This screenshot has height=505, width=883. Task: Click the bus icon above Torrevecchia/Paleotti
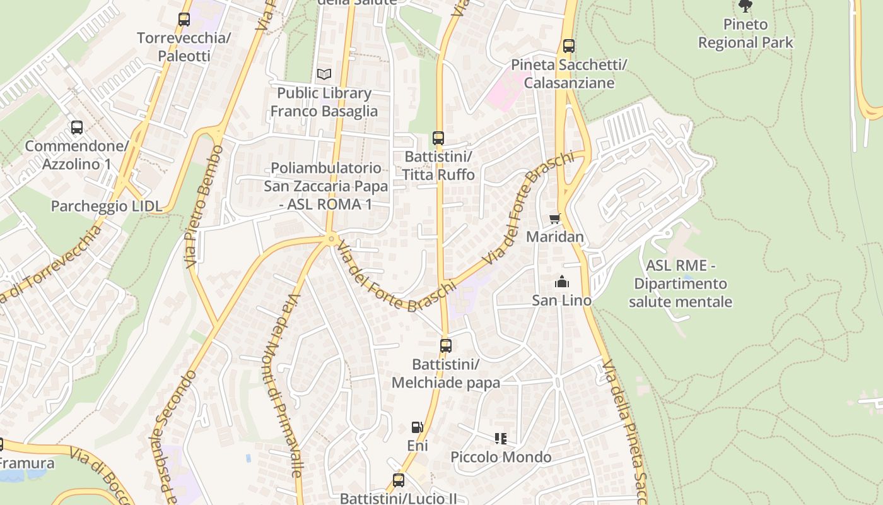coord(184,20)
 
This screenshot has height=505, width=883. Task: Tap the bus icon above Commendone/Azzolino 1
coord(77,128)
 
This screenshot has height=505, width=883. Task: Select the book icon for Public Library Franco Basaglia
coord(324,74)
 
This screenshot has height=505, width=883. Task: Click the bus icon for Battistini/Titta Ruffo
coord(438,138)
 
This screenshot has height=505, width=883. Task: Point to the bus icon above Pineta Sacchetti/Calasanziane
coord(569,45)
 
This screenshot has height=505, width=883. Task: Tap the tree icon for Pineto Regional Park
coord(746,6)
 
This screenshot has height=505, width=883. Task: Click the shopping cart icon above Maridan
coord(555,218)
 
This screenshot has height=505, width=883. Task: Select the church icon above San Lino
coord(562,282)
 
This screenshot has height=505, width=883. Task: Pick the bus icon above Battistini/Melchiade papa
coord(446,345)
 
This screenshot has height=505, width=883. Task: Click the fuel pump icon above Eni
coord(417,427)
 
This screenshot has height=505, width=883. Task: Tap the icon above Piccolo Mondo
coord(501,438)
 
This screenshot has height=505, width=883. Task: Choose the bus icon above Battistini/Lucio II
coord(399,480)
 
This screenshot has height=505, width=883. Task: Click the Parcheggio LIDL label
coord(107,206)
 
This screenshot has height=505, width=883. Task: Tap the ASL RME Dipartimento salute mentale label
coord(681,283)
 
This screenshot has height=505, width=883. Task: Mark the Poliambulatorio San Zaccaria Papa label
coord(325,186)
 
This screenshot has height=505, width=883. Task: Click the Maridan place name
coord(555,237)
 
